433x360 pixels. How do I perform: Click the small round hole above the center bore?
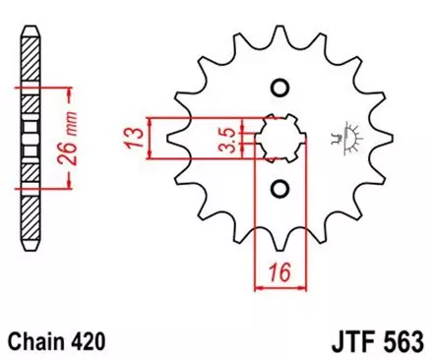(x=279, y=90)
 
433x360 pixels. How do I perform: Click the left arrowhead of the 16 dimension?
(x=260, y=288)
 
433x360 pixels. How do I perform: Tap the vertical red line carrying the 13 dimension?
(x=148, y=138)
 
